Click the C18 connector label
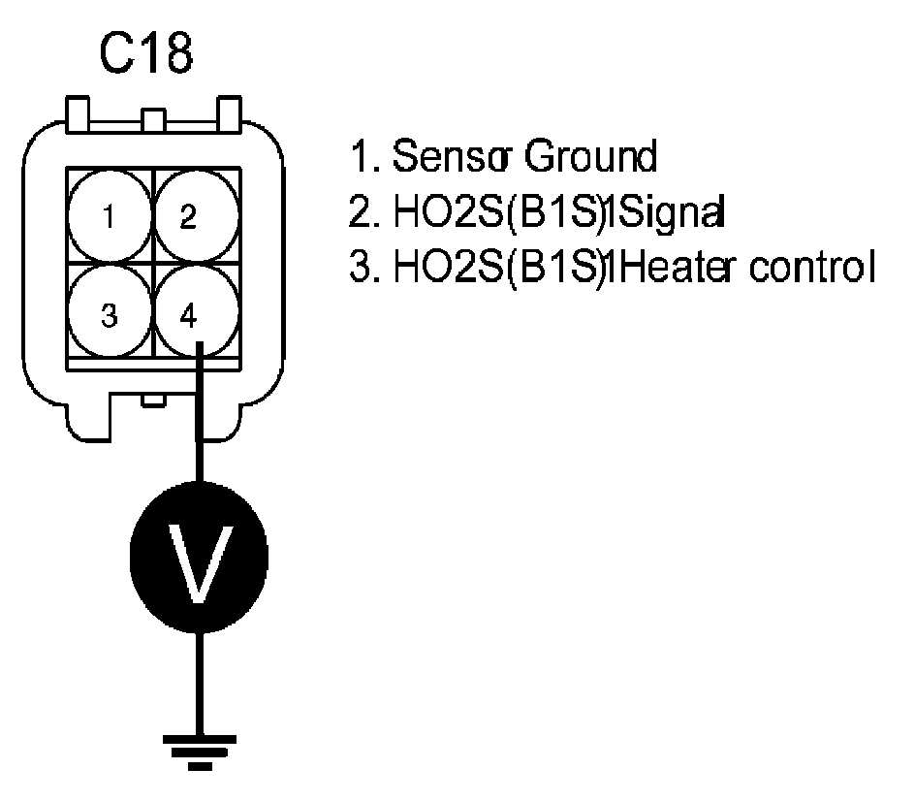(x=147, y=56)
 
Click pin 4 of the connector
(x=192, y=315)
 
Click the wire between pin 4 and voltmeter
(x=200, y=427)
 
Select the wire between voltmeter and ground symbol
(x=200, y=679)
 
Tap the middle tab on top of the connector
(x=153, y=121)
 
